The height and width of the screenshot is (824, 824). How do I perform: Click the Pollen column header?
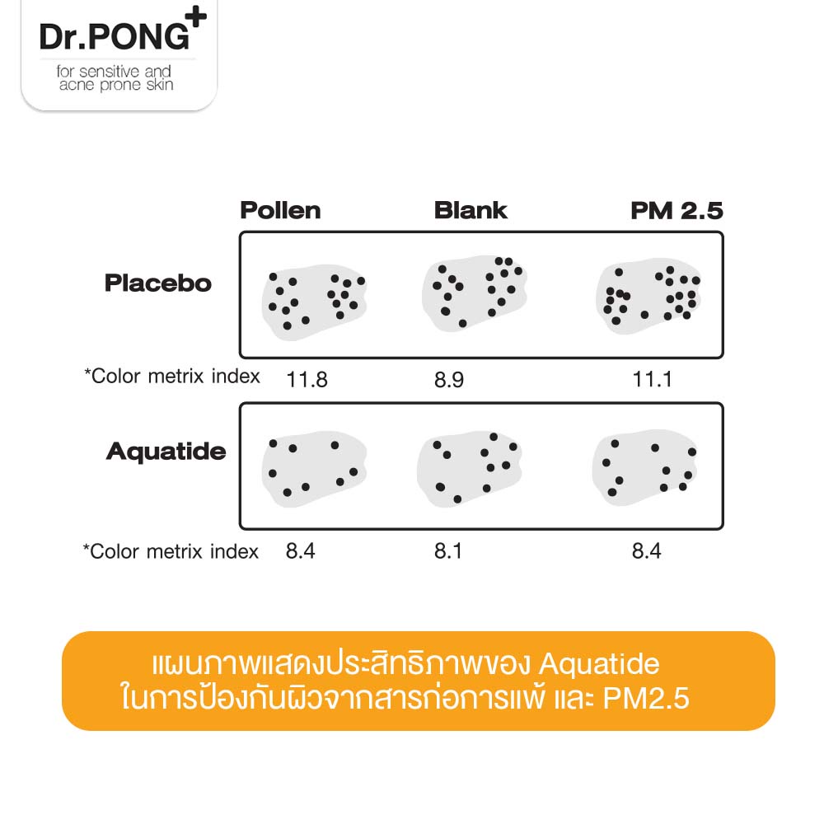[280, 210]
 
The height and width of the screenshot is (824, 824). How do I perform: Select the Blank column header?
[471, 210]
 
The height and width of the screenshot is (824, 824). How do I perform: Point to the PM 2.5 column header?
[677, 211]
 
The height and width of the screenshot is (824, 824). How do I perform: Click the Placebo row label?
[158, 283]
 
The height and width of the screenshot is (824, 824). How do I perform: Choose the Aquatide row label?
[166, 452]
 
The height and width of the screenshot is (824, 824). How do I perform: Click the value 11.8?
[307, 380]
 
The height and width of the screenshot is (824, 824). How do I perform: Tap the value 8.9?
[448, 380]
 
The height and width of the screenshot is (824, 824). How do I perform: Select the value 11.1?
[653, 380]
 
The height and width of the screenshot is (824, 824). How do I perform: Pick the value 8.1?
[448, 550]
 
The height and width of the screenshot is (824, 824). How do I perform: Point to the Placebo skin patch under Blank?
[473, 295]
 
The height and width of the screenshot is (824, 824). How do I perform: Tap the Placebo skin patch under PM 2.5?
[649, 296]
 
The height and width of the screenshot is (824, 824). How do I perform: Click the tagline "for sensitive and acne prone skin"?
[115, 78]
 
